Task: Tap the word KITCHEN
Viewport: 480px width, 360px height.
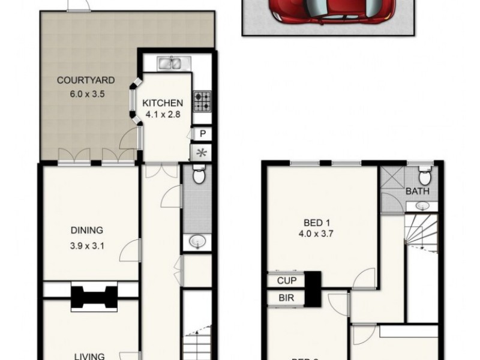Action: pyautogui.click(x=162, y=103)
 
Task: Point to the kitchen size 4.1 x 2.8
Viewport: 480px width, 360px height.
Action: pyautogui.click(x=162, y=115)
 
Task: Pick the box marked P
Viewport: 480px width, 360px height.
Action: pyautogui.click(x=202, y=134)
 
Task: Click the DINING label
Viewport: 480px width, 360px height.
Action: pyautogui.click(x=87, y=230)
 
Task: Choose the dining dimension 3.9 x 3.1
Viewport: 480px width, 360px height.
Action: pyautogui.click(x=87, y=244)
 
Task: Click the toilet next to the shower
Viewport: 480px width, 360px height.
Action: pyautogui.click(x=424, y=176)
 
